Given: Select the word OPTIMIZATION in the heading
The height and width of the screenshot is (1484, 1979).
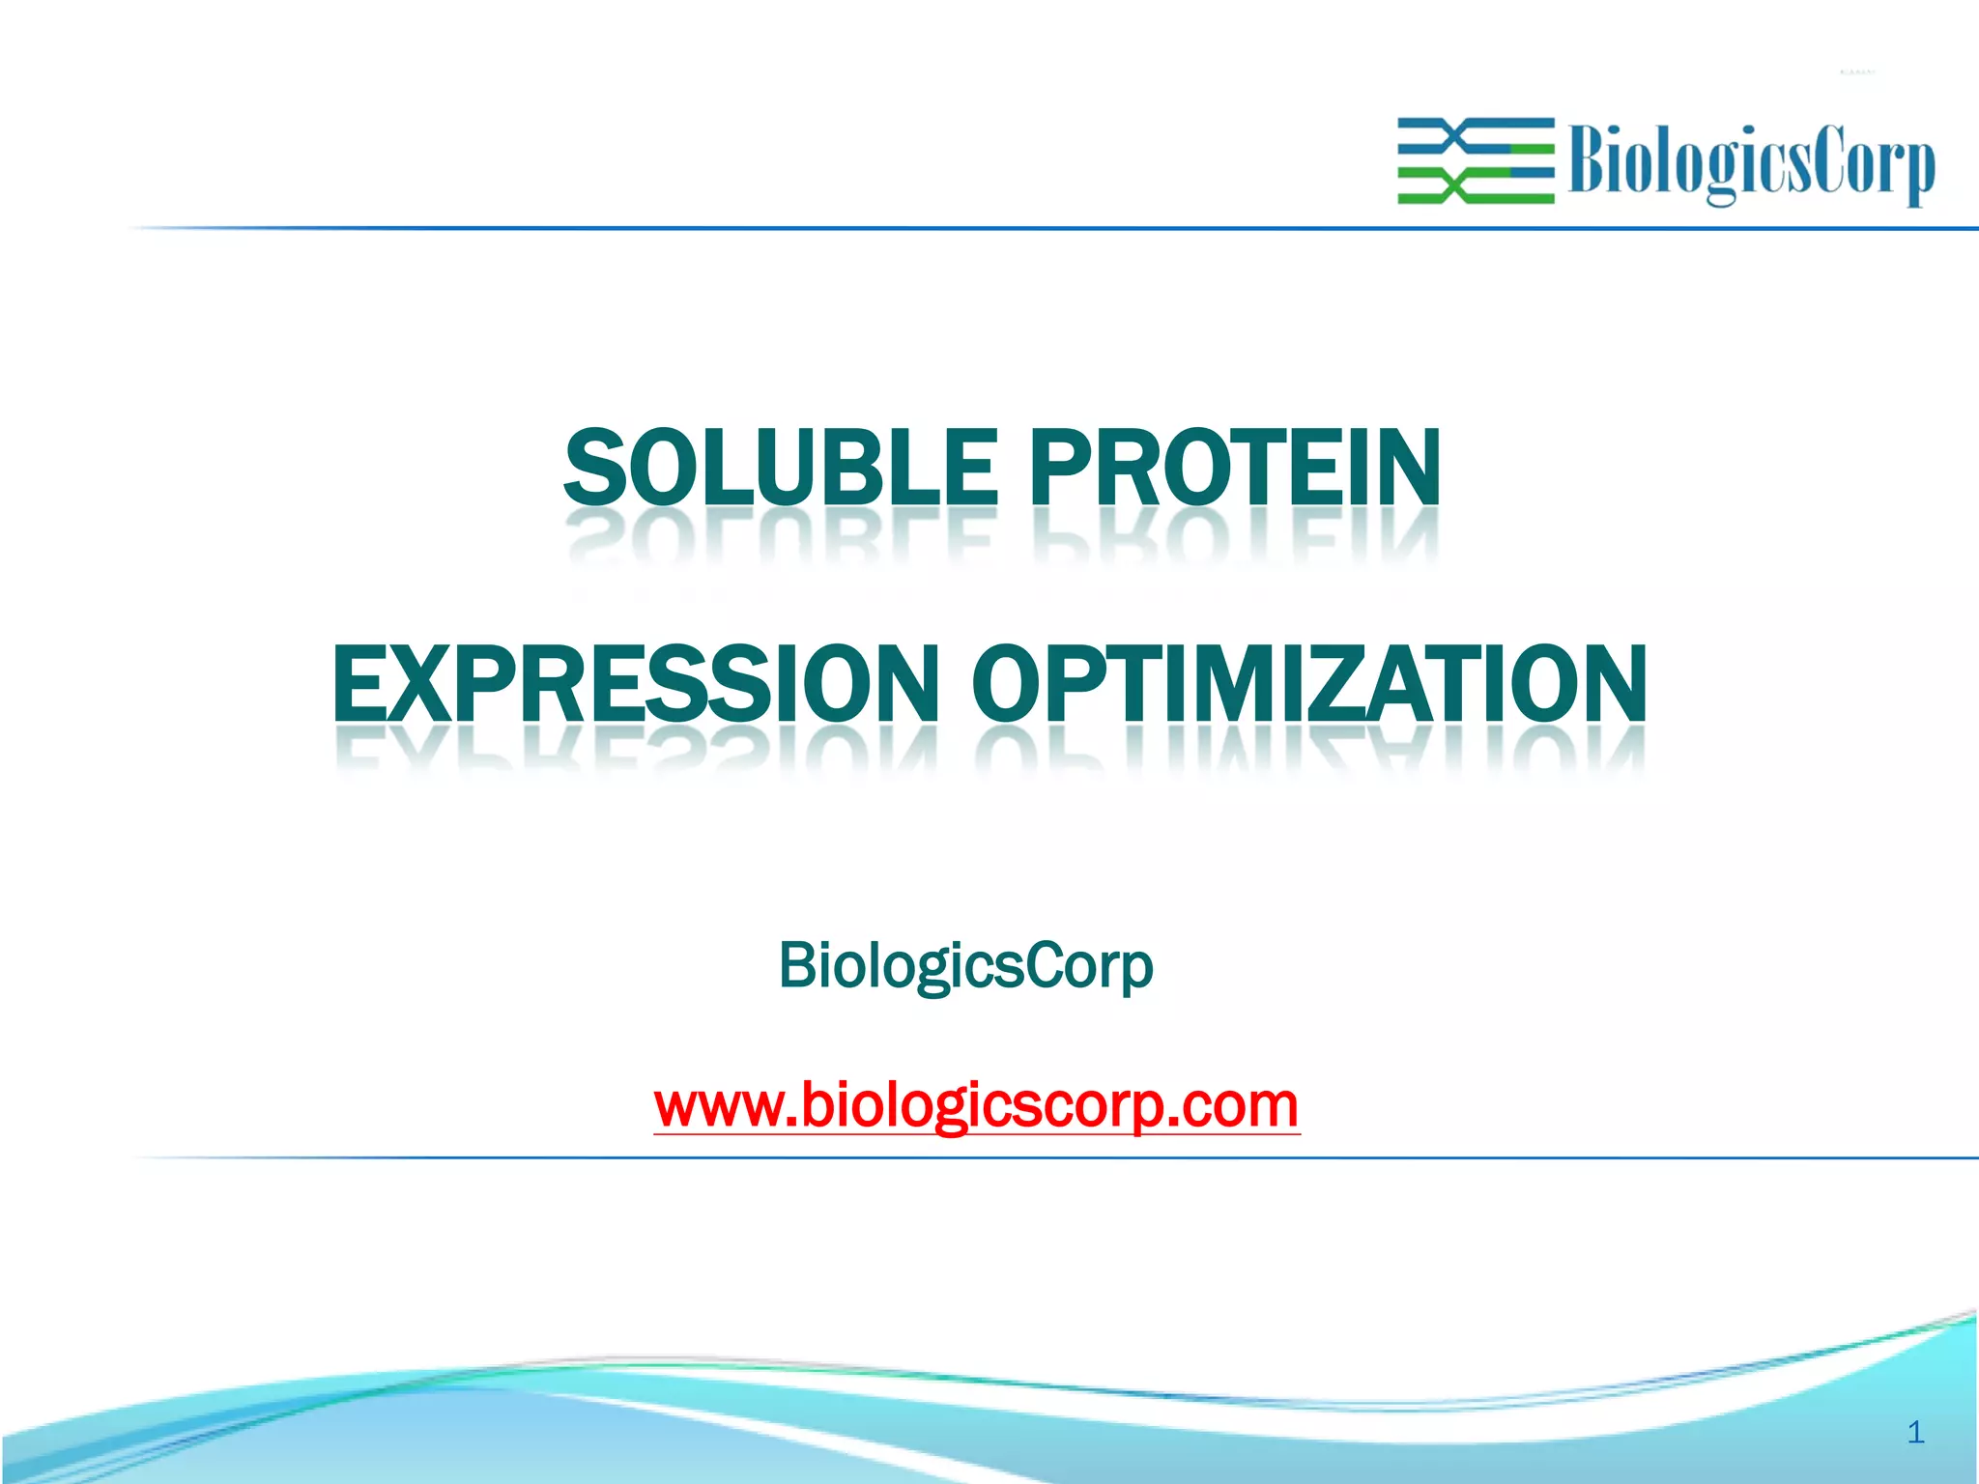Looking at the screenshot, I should point(1308,684).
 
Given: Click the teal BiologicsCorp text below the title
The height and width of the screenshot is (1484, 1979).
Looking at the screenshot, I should point(965,965).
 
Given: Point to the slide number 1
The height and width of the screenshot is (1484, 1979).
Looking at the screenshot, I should point(1916,1432).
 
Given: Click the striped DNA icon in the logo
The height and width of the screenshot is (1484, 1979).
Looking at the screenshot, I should point(1476,160).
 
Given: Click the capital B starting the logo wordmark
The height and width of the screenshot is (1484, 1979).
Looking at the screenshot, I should point(1589,160).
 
